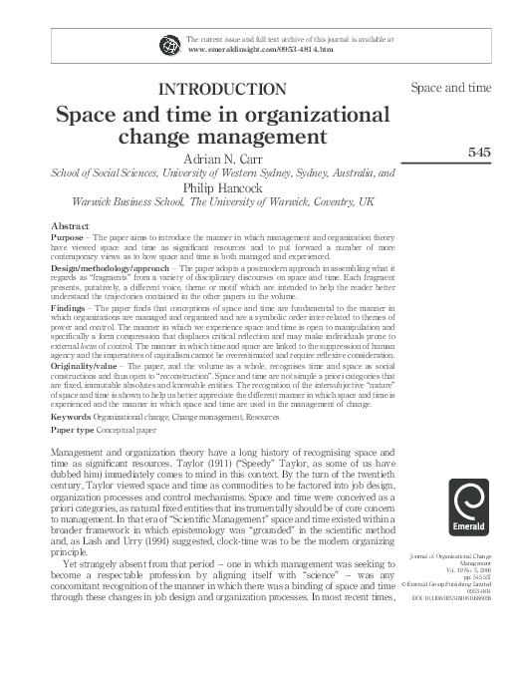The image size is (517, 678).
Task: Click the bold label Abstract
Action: click(70, 226)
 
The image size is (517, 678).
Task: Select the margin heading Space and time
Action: click(451, 88)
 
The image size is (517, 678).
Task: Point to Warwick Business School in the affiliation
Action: click(127, 200)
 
